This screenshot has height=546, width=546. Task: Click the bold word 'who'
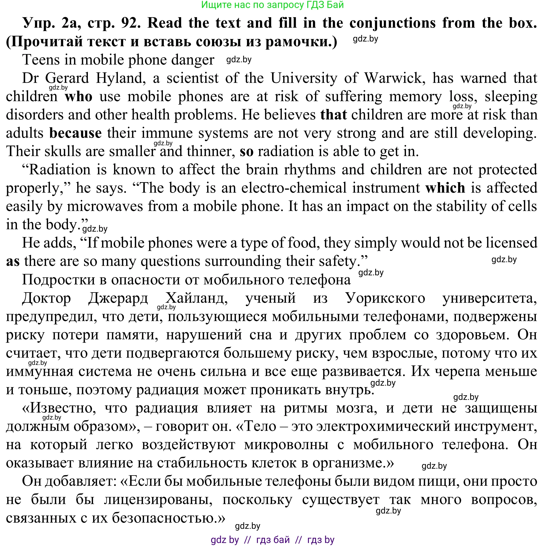tap(78, 97)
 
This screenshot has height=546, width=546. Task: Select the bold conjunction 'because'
tap(75, 133)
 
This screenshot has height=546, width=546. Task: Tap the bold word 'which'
tap(445, 188)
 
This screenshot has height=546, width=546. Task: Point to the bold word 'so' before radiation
tap(246, 152)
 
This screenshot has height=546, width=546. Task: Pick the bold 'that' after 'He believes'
tap(333, 115)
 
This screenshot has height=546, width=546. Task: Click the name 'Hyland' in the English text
tap(121, 78)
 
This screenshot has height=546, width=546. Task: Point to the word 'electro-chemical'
tap(294, 188)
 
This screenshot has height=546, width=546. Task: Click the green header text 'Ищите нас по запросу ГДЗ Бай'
tap(272, 5)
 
